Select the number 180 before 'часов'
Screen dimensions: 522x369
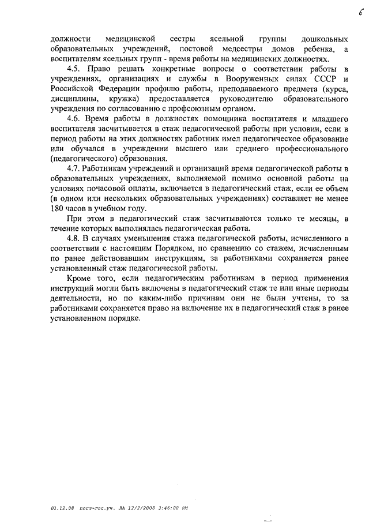click(x=58, y=208)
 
